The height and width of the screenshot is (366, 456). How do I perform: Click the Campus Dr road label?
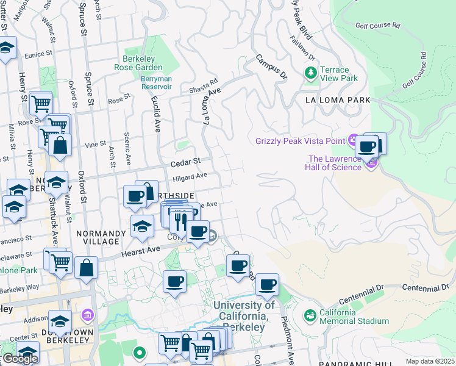point(271,67)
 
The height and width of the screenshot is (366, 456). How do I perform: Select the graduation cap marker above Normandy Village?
point(142,226)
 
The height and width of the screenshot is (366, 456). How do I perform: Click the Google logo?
point(20,359)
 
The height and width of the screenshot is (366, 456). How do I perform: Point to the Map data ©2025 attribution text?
point(429,361)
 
